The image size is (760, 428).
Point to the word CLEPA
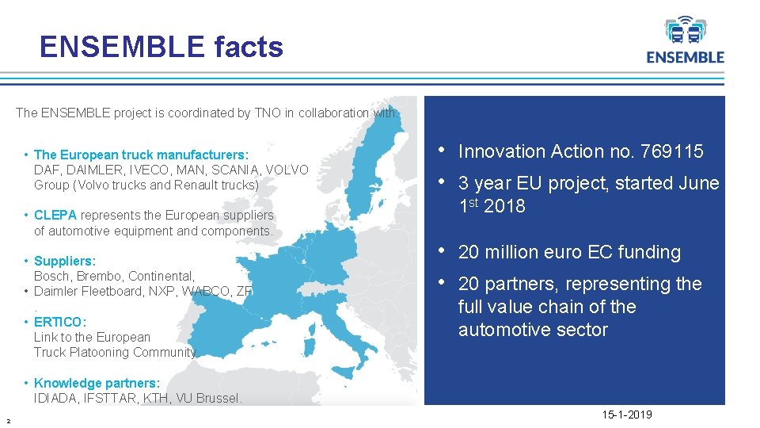[55, 216]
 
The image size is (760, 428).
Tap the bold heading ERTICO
[59, 322]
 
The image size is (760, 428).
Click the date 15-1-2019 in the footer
[628, 415]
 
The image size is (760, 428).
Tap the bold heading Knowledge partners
[97, 383]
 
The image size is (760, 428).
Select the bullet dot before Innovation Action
[441, 150]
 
